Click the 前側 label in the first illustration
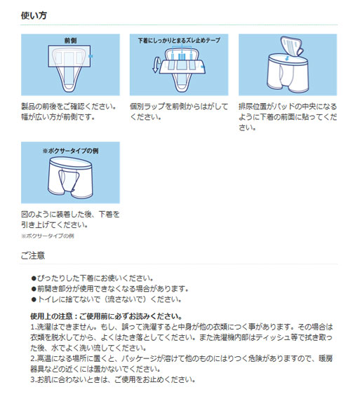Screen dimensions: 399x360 [70, 41]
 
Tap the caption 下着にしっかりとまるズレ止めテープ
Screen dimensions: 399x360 [179, 41]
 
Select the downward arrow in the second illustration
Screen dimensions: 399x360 [156, 67]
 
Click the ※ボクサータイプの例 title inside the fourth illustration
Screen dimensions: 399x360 [70, 150]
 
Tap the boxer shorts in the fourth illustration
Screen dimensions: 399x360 [70, 178]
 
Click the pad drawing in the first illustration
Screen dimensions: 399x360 [70, 67]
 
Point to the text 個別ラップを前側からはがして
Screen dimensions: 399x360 [179, 107]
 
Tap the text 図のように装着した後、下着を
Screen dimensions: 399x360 [70, 214]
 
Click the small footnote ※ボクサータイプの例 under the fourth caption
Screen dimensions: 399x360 [47, 237]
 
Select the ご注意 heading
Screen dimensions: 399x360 [33, 255]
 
